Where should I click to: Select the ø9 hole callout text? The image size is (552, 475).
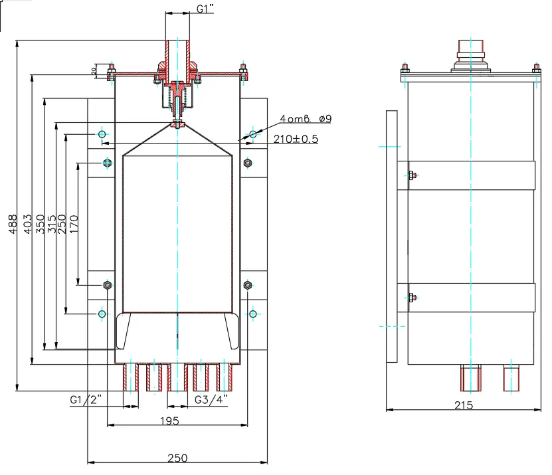(325, 119)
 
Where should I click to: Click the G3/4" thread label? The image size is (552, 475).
(211, 400)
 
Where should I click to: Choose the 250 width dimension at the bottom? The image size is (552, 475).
(177, 458)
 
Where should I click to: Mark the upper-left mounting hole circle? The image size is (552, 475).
(102, 134)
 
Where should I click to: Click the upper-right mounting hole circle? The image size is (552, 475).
(252, 134)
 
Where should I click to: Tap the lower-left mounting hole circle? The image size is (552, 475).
(102, 314)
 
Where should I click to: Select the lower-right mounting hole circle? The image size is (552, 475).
(252, 314)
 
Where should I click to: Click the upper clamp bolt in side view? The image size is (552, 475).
(411, 175)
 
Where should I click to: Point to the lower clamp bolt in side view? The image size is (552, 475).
(411, 297)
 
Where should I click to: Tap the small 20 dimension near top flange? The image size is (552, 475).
(94, 69)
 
